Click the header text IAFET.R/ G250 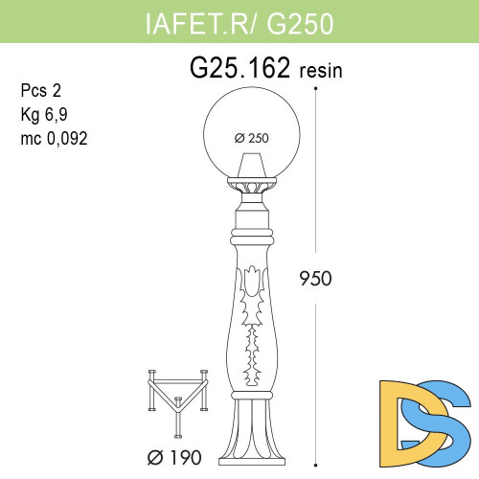pos(239,24)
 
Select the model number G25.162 pos(240,70)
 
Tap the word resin pos(322,72)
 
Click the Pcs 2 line pos(39,92)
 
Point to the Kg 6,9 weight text pos(44,115)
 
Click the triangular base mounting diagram pos(178,399)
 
